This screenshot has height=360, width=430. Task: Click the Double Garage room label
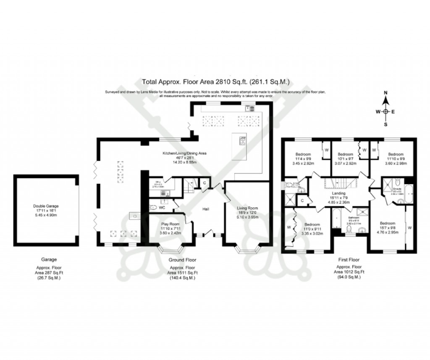click(x=46, y=206)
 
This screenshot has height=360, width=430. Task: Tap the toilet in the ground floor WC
click(x=154, y=207)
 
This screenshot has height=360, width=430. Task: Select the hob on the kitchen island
click(x=242, y=141)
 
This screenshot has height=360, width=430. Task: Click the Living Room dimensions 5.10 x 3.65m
click(x=247, y=217)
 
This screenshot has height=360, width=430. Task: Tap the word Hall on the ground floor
click(x=206, y=209)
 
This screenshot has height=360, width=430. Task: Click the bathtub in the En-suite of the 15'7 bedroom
click(x=409, y=193)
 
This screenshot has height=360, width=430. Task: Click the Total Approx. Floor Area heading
click(x=216, y=82)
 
